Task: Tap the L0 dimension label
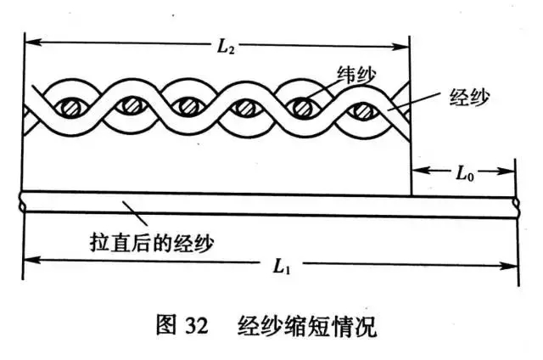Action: [463, 175]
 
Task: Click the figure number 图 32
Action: [183, 327]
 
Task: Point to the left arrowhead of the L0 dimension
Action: [417, 173]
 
